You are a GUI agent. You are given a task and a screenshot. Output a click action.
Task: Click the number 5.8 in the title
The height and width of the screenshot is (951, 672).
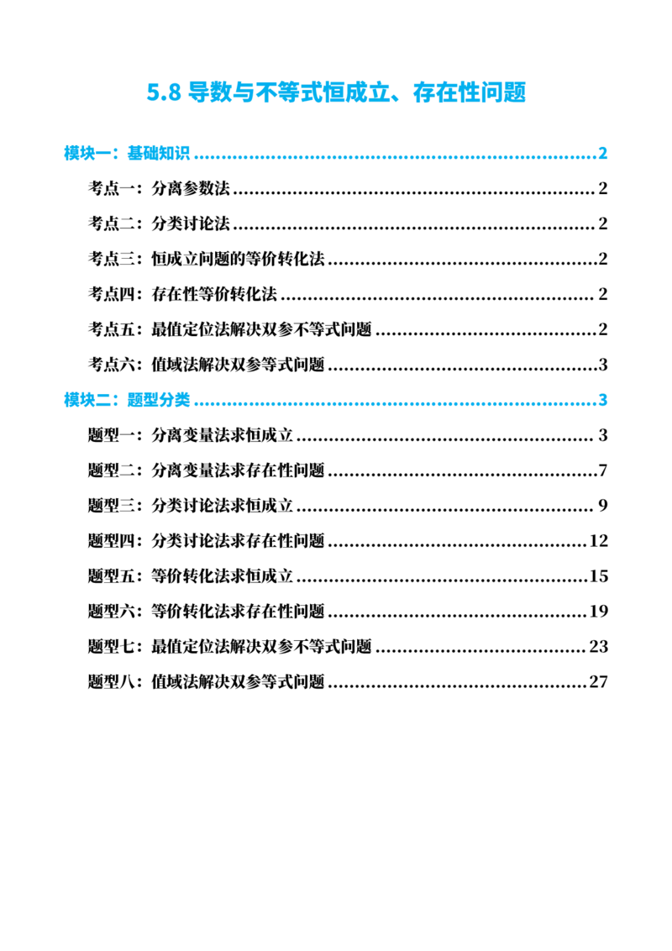[164, 92]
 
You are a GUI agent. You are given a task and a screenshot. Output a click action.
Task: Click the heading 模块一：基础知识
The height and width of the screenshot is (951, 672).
[127, 154]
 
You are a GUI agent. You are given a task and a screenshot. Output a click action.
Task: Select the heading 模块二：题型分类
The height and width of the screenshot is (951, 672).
[127, 400]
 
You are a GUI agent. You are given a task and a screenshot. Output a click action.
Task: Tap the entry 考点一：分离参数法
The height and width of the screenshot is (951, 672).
[159, 189]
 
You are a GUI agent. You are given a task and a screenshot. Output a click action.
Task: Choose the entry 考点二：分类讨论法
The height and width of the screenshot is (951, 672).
[159, 223]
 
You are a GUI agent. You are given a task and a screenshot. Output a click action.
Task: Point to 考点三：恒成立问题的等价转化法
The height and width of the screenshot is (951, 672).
[206, 259]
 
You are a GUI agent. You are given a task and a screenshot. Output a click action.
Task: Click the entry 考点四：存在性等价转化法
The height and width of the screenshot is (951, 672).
[182, 294]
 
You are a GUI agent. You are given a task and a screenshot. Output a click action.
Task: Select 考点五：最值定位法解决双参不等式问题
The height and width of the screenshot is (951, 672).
[230, 329]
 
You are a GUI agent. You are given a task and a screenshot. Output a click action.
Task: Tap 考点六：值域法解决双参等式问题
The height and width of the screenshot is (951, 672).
[206, 365]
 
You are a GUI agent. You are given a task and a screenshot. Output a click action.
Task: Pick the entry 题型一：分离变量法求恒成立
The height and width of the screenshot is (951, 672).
[191, 435]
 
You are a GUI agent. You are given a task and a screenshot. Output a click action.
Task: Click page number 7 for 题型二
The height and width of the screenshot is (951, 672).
[603, 470]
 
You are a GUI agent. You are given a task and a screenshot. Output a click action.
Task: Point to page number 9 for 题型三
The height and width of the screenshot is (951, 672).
[603, 506]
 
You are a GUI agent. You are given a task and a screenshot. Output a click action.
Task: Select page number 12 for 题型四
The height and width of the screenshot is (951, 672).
[599, 541]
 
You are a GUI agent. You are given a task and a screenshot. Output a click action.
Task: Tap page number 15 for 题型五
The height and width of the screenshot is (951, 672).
[599, 576]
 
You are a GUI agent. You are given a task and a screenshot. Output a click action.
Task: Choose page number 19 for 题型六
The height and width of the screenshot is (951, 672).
[599, 612]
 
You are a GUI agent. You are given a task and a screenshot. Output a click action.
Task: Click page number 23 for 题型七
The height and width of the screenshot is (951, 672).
[599, 647]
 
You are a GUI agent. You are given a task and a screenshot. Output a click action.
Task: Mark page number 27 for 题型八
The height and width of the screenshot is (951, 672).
[599, 681]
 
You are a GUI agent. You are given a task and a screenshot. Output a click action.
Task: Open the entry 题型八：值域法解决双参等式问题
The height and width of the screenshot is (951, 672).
[206, 681]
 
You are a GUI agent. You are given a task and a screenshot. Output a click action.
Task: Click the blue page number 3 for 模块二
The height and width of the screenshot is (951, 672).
[603, 400]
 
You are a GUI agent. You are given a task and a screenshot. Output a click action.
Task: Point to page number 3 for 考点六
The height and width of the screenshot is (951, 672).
[603, 365]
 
